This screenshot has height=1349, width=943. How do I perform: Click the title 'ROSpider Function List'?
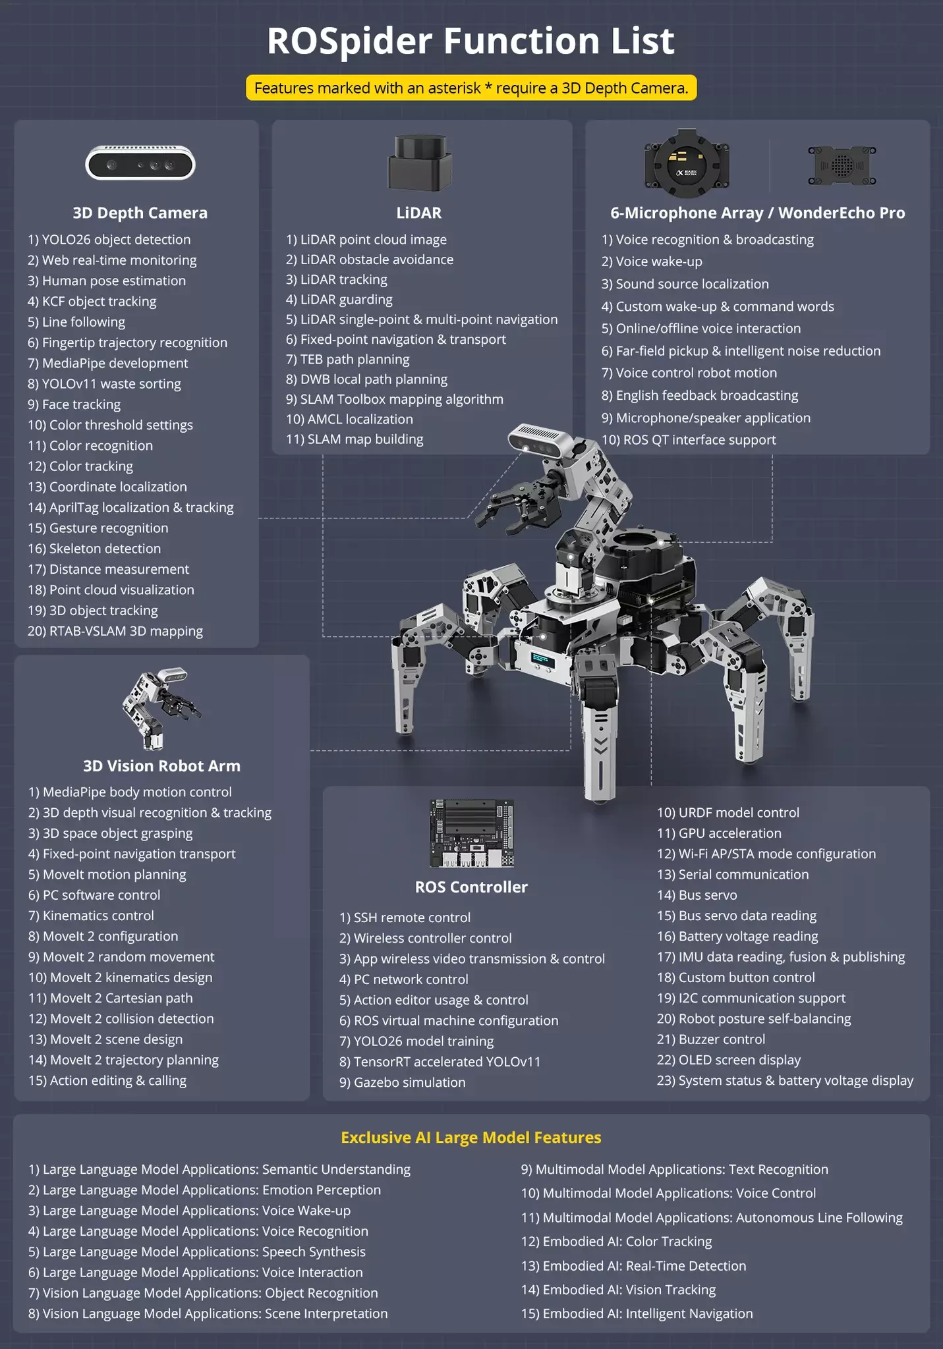pos(471,41)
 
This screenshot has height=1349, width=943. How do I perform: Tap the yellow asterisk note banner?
pos(471,88)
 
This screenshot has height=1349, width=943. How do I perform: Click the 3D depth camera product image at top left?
pos(140,163)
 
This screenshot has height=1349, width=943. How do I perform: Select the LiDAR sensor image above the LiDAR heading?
pos(420,163)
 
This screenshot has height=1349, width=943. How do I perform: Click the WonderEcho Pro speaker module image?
pos(842,165)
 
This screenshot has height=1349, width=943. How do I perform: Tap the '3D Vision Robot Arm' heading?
pos(161,766)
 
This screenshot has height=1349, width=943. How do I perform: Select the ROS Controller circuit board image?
pos(471,833)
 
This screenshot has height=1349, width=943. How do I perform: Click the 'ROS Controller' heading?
pos(471,887)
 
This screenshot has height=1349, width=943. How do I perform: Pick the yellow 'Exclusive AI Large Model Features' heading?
pos(471,1138)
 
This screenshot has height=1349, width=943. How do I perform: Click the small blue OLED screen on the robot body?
pos(543,659)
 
